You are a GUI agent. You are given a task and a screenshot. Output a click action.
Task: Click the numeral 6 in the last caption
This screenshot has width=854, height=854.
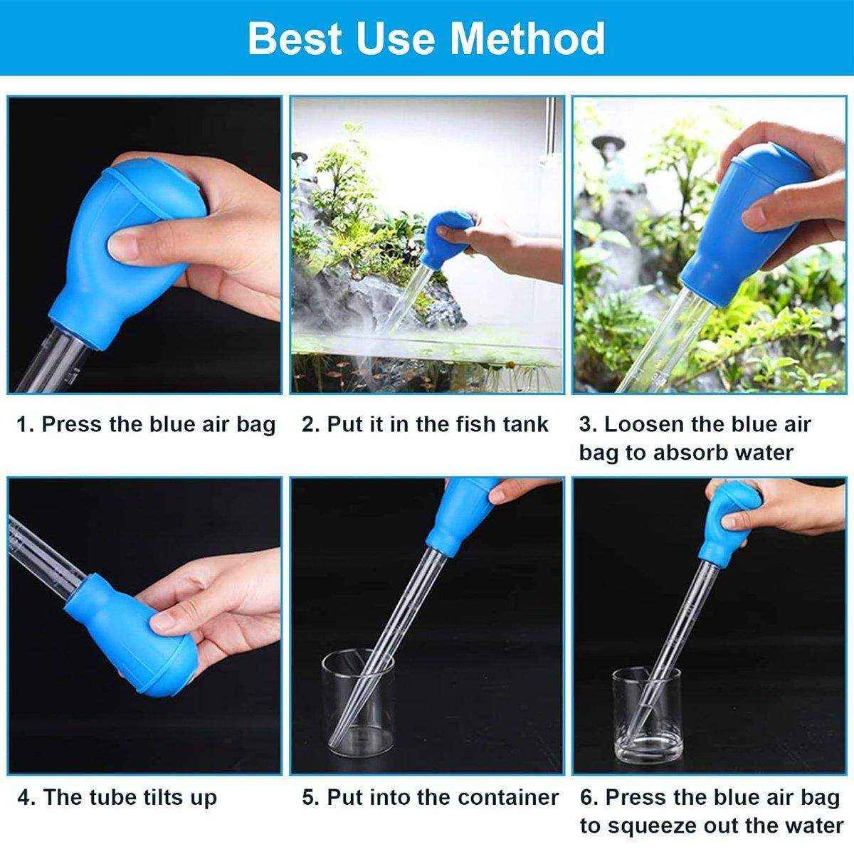click(587, 798)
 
